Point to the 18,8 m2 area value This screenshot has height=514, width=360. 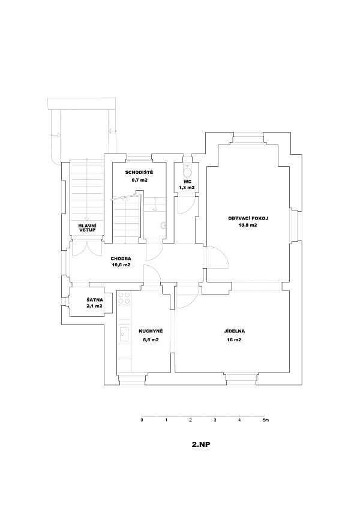pyautogui.click(x=247, y=225)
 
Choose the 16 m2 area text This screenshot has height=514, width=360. pyautogui.click(x=234, y=340)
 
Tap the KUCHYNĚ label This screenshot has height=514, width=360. pyautogui.click(x=147, y=331)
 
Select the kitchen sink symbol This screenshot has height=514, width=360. pyautogui.click(x=124, y=334)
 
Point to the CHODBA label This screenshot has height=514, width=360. pyautogui.click(x=121, y=258)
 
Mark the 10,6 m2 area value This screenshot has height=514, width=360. pyautogui.click(x=121, y=264)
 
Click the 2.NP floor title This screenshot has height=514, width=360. pyautogui.click(x=201, y=445)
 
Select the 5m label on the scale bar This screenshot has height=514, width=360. pyautogui.click(x=266, y=420)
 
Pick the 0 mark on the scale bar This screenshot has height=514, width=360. pyautogui.click(x=142, y=420)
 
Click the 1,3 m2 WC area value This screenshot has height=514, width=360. pyautogui.click(x=187, y=188)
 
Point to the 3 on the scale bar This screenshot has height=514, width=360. pyautogui.click(x=215, y=420)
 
